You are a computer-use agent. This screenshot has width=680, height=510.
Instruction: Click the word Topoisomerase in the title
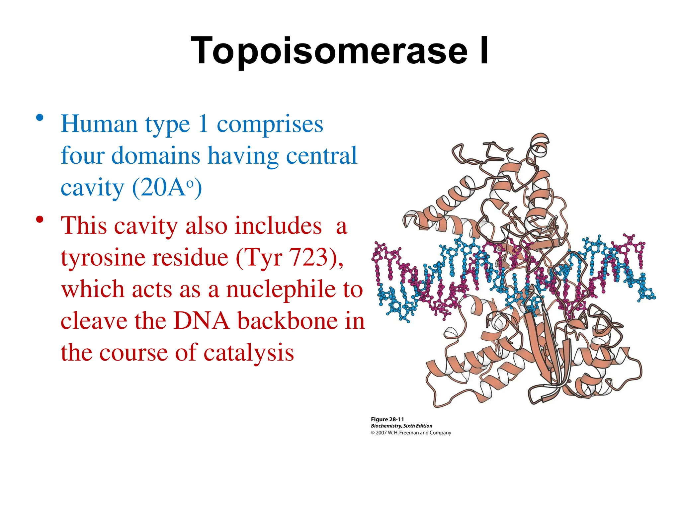coord(329,50)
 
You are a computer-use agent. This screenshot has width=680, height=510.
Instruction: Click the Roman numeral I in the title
coord(484,50)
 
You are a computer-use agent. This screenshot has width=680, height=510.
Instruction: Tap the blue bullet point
coord(40,118)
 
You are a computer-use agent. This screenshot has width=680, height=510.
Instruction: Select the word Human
coord(99,124)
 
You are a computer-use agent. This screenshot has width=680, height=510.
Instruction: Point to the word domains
coord(155,155)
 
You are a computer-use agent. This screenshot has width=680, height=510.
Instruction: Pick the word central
coord(321,155)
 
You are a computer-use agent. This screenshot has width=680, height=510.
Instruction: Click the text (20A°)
coord(167,188)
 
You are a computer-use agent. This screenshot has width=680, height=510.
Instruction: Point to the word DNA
coord(201,321)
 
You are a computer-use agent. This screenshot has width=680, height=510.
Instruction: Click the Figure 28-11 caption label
coord(387,419)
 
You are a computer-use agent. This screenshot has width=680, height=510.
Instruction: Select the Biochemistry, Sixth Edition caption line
coord(401,426)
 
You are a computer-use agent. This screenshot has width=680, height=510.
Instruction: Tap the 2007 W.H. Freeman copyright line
coord(411,433)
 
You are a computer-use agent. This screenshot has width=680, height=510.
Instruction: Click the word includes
coord(278,226)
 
